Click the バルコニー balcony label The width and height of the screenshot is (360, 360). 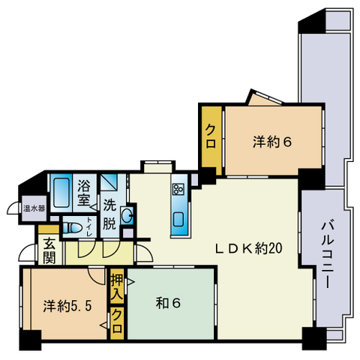(x=328, y=254)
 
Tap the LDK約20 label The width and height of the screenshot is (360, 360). (x=249, y=248)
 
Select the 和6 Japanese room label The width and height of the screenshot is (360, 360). (x=168, y=303)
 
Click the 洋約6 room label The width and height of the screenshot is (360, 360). (x=272, y=142)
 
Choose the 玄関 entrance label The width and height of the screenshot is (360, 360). (x=49, y=250)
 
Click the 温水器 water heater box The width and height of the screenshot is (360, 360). (x=34, y=208)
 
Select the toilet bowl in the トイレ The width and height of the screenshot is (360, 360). (x=72, y=227)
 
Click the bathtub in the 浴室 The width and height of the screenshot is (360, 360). (x=61, y=193)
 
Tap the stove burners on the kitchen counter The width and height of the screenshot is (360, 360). (x=178, y=190)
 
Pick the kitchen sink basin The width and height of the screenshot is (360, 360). (x=179, y=220)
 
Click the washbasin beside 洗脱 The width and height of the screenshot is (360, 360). (x=127, y=214)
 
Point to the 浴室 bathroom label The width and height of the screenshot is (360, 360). (x=83, y=193)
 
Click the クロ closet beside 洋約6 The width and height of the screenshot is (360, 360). (x=211, y=140)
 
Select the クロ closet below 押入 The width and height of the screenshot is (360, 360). (x=117, y=323)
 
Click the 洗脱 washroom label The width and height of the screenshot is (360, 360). (x=109, y=214)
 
